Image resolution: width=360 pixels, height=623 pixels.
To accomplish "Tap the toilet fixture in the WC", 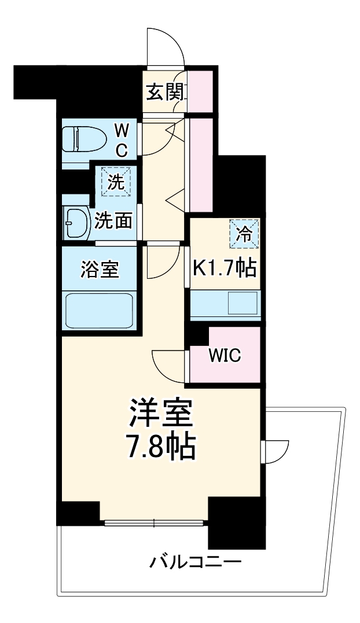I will point(83,139).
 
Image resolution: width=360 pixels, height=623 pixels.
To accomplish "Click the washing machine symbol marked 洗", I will point(117,183).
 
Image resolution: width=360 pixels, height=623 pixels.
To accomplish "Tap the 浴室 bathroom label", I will point(100,270).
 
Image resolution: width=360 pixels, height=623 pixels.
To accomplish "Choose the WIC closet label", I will point(225,355).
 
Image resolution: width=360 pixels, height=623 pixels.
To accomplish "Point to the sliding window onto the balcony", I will point(155,524).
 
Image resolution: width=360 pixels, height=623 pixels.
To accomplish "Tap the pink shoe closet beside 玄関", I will point(199,91).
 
